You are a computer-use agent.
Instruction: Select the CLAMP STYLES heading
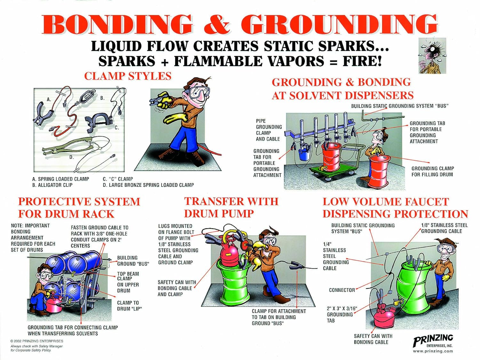tap(128, 76)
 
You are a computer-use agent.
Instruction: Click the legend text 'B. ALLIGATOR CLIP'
tap(52, 185)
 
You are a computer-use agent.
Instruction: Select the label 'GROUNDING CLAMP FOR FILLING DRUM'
tap(432, 172)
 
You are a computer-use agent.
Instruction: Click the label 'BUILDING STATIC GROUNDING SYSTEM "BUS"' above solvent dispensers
tap(399, 106)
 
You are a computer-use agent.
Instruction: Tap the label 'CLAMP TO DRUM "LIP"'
tap(129, 306)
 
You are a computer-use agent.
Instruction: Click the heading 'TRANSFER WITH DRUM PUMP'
tap(231, 207)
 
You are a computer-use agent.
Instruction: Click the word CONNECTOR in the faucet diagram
tap(342, 290)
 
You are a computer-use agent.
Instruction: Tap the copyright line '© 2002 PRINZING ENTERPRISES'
tap(37, 341)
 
